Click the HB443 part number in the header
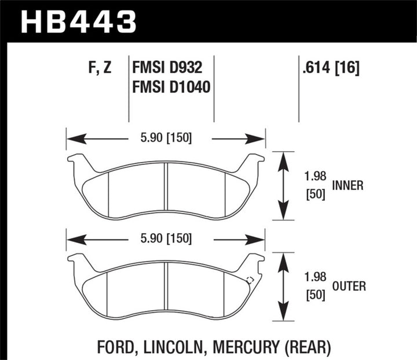pyautogui.click(x=79, y=22)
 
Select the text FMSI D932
pyautogui.click(x=167, y=69)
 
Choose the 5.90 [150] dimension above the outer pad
pyautogui.click(x=167, y=238)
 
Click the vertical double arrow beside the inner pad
pyautogui.click(x=283, y=186)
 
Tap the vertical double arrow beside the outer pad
pyautogui.click(x=283, y=286)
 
